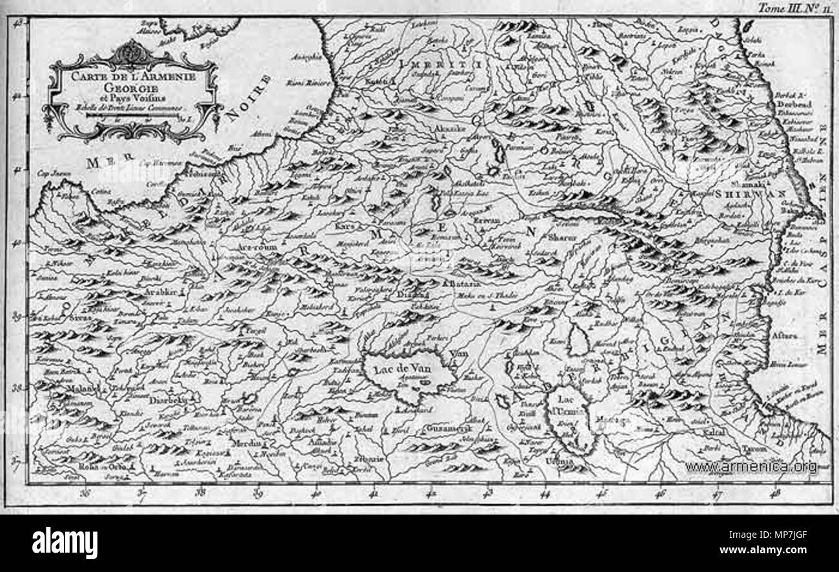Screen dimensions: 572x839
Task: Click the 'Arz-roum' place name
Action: (x=257, y=247)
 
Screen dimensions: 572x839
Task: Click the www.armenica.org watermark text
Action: (x=750, y=466)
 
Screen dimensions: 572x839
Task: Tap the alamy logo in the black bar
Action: (x=65, y=542)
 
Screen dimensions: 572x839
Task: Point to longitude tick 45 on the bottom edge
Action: (x=601, y=494)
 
